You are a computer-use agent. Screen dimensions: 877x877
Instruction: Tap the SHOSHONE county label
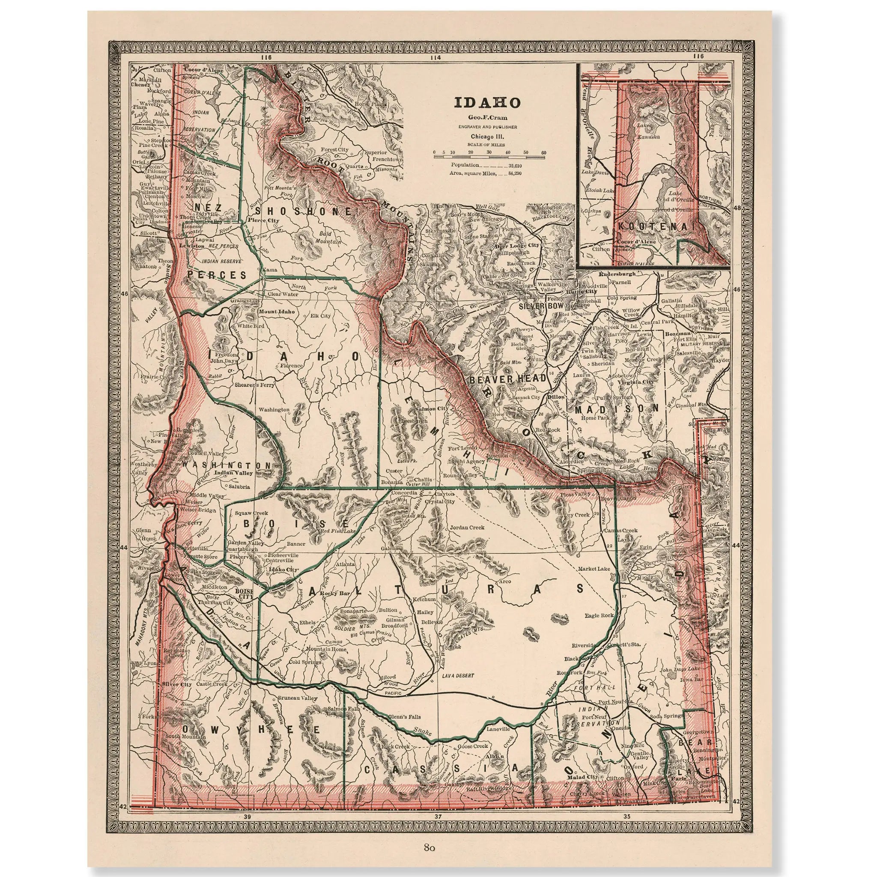304,211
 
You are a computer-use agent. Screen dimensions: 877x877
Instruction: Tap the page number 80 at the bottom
430,847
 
